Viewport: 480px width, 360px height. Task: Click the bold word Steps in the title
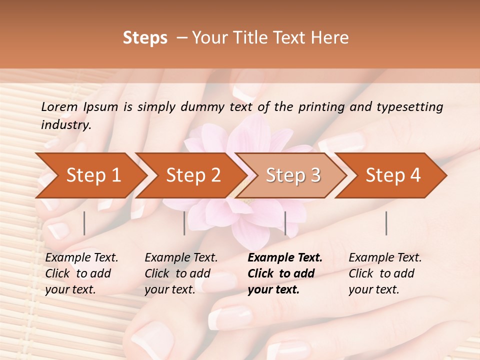[x=145, y=38]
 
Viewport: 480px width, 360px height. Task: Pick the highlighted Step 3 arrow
[x=293, y=175]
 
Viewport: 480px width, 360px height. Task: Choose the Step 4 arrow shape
[x=393, y=175]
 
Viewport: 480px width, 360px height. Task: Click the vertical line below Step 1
[x=84, y=223]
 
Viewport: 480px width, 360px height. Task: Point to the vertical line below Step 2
[x=184, y=223]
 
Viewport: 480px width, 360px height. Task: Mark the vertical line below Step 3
[x=285, y=223]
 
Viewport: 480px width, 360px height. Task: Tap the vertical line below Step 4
[x=386, y=223]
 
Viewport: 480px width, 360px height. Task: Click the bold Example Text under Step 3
[x=285, y=258]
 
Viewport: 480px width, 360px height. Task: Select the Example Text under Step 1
[x=81, y=258]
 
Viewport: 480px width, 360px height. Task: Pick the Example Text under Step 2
[x=181, y=258]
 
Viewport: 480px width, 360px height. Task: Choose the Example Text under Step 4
[x=385, y=258]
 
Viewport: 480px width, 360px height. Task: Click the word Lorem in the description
[x=59, y=106]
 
